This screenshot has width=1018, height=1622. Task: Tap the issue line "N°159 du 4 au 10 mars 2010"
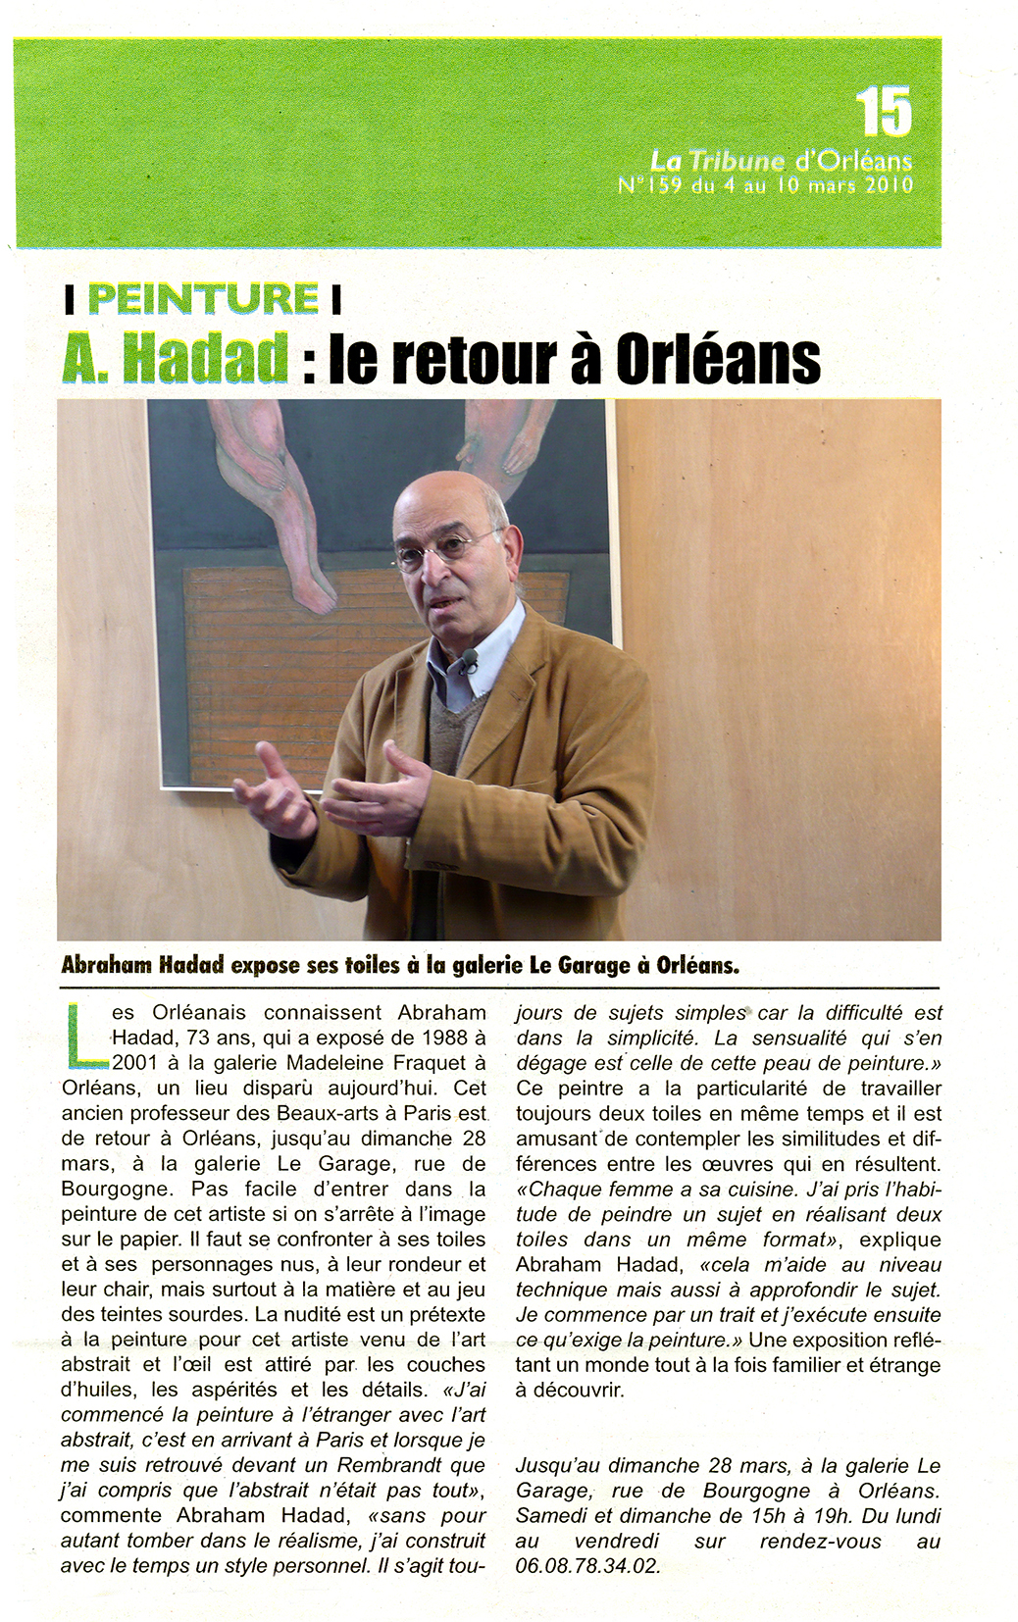[x=766, y=184]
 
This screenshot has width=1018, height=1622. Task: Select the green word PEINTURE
[x=203, y=298]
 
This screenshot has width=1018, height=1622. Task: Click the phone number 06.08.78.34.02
[x=587, y=1566]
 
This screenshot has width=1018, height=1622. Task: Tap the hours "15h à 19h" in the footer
[x=752, y=1516]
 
